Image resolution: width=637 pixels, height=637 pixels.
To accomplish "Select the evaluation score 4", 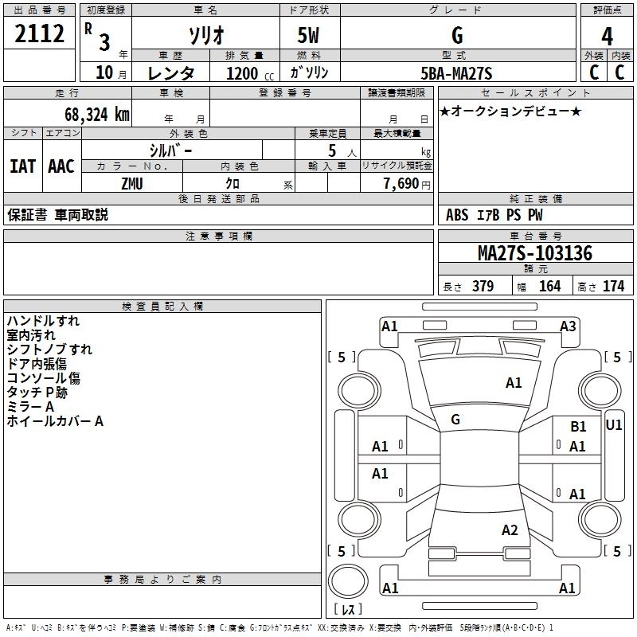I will (607, 36).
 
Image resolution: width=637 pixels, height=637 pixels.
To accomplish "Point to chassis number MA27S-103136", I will (534, 254).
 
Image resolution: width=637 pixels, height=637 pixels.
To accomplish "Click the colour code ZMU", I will (132, 183).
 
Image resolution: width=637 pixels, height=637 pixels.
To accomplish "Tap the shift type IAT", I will (22, 166).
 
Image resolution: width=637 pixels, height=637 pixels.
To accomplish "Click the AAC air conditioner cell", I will (61, 166).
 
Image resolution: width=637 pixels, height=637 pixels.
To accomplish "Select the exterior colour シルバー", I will (170, 150).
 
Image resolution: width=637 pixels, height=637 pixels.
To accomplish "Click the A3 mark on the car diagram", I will (568, 326).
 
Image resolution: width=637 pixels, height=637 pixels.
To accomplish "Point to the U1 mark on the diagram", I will (614, 424).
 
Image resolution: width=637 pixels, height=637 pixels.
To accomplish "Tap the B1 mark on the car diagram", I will (578, 427).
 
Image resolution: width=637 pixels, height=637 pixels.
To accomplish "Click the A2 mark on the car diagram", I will (510, 530).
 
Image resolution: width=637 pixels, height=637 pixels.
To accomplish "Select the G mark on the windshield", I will (455, 420).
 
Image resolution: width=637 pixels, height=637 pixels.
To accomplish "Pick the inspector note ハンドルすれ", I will (43, 321).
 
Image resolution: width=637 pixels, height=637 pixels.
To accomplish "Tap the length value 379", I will (482, 287).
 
